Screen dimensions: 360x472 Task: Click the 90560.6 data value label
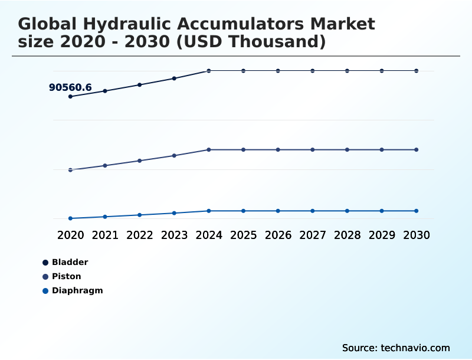click(x=70, y=88)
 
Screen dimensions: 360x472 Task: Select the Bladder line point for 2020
click(x=70, y=96)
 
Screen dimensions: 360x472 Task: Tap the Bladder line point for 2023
click(x=174, y=78)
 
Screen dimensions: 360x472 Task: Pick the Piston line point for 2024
click(x=209, y=149)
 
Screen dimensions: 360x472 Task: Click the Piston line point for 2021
click(x=105, y=165)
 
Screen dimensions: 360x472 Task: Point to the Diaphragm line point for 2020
click(x=70, y=218)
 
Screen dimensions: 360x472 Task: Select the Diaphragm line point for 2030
click(x=416, y=211)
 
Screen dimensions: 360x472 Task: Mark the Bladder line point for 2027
click(x=313, y=71)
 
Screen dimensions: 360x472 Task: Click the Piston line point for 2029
click(x=382, y=149)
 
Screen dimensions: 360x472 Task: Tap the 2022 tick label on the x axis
click(x=140, y=235)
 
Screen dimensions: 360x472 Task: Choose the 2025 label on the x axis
click(x=244, y=235)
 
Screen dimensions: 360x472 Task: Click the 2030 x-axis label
click(x=416, y=235)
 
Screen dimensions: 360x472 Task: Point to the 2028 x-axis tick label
click(x=347, y=235)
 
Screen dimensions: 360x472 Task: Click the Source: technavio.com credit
click(x=396, y=348)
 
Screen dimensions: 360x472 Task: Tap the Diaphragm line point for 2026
click(x=278, y=211)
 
